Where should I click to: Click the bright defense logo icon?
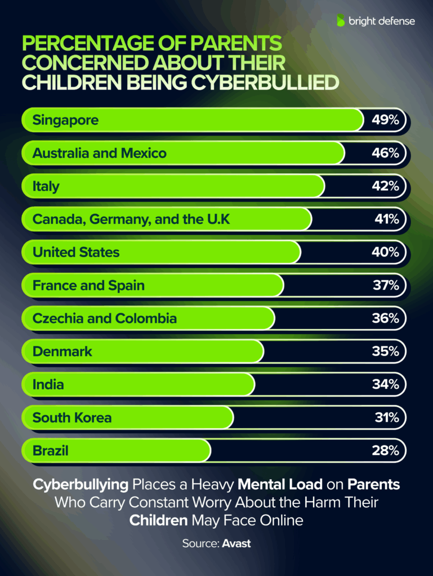click(341, 21)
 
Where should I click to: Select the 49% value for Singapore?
click(387, 120)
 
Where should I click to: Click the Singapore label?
click(65, 120)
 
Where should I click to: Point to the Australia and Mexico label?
click(100, 153)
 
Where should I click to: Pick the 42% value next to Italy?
click(387, 186)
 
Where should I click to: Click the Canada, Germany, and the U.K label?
click(131, 219)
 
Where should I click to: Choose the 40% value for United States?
click(387, 253)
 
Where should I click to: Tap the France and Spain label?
click(88, 286)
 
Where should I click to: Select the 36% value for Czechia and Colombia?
click(387, 318)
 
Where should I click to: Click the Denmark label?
click(63, 352)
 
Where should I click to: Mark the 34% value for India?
click(387, 385)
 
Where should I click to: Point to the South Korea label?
click(72, 418)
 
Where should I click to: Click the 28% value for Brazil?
click(387, 451)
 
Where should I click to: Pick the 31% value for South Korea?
click(387, 418)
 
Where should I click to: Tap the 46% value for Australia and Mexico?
click(387, 153)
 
